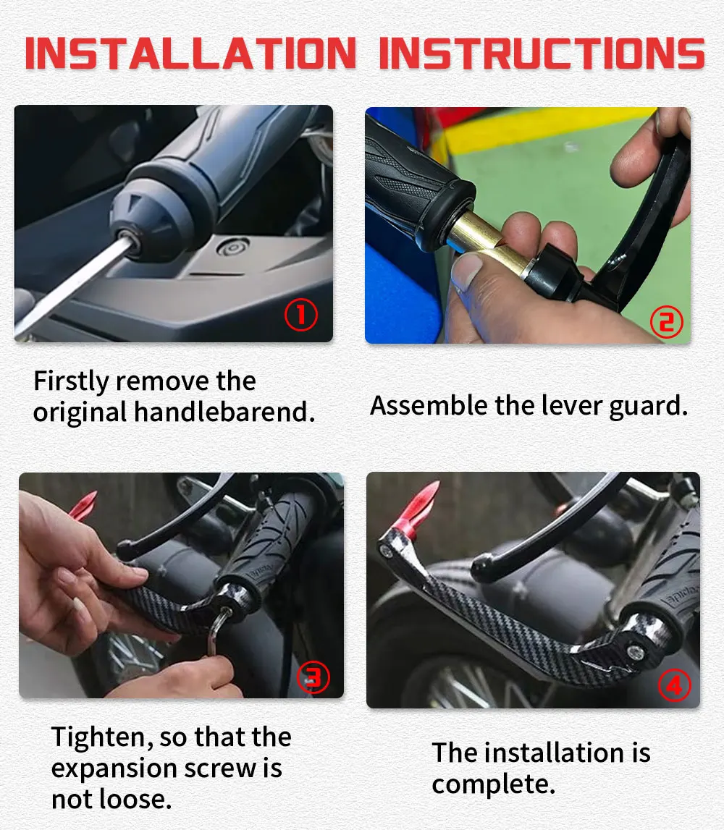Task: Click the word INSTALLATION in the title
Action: point(190,53)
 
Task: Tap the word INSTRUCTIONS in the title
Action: point(542,53)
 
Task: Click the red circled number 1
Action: point(301,315)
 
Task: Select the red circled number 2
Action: point(666,322)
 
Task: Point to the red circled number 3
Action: point(313,677)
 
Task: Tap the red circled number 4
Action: point(674,686)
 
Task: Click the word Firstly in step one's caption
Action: point(71,382)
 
